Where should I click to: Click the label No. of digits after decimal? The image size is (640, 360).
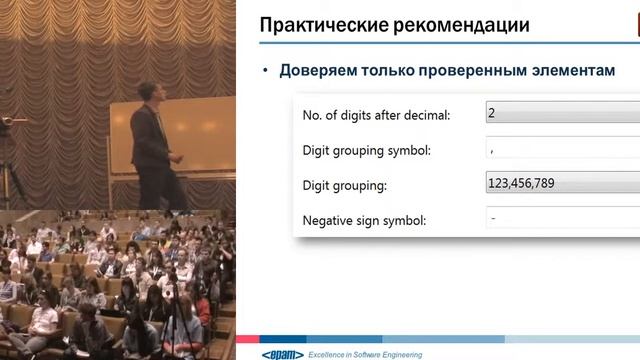pos(376,115)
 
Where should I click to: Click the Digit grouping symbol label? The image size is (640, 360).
pos(366,151)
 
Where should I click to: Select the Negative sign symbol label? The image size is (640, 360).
pos(364,220)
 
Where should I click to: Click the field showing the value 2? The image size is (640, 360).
pos(560,113)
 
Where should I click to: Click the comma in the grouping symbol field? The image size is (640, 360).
pos(493,151)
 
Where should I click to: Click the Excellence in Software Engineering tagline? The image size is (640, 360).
pos(365,354)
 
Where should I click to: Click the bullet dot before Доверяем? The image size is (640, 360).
pos(266,72)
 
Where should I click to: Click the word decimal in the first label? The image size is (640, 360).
pos(423,115)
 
